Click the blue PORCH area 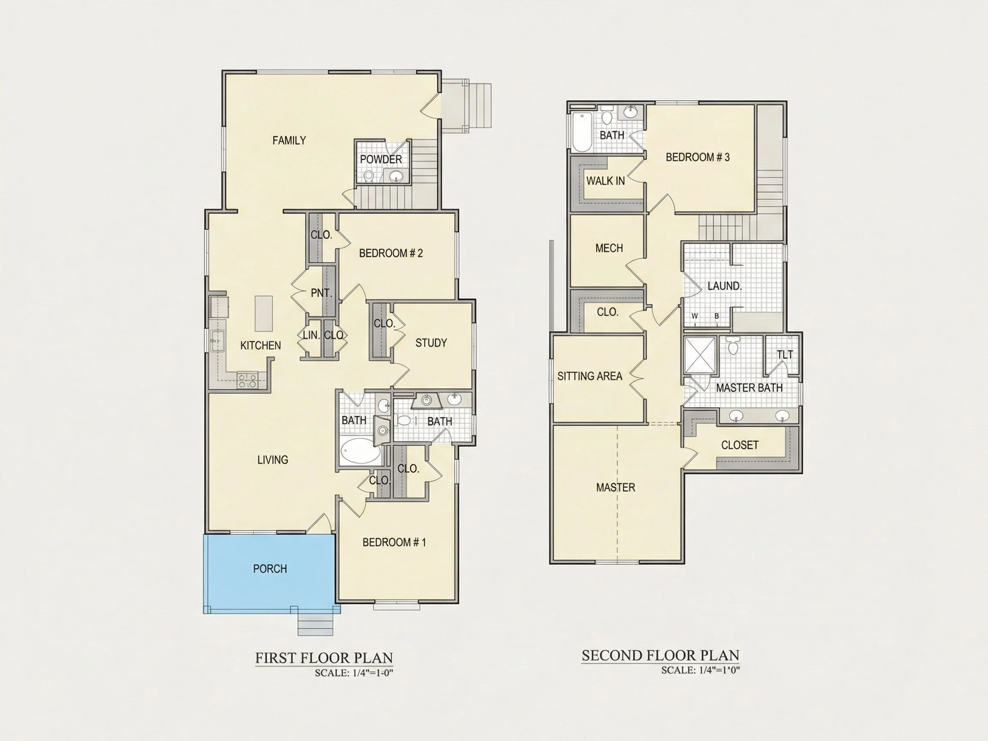point(270,573)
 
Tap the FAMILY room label point(289,141)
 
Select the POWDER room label point(380,160)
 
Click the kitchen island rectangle point(264,313)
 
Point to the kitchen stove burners point(247,380)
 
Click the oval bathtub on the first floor point(361,452)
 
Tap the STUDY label point(431,343)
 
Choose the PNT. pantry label point(322,293)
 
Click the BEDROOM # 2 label point(391,253)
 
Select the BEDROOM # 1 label point(394,542)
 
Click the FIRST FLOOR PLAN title point(324,658)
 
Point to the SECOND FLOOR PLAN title point(660,655)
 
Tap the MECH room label point(609,248)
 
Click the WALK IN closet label point(605,181)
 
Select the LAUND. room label point(724,286)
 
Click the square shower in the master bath point(700,355)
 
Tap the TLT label point(785,355)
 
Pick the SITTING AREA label point(590,376)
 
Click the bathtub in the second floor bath point(582,132)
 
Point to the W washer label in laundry point(695,316)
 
